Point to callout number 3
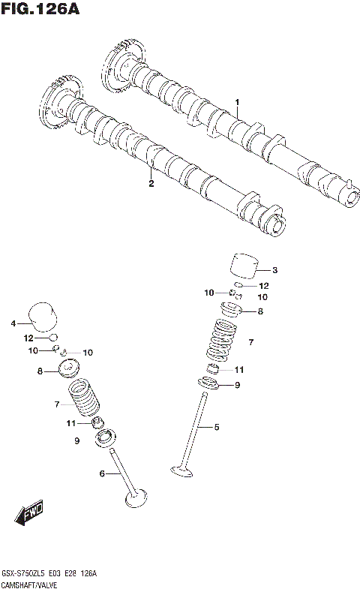[274, 270]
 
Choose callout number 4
[13, 323]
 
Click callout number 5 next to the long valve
[217, 427]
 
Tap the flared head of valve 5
[182, 471]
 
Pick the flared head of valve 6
[135, 497]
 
